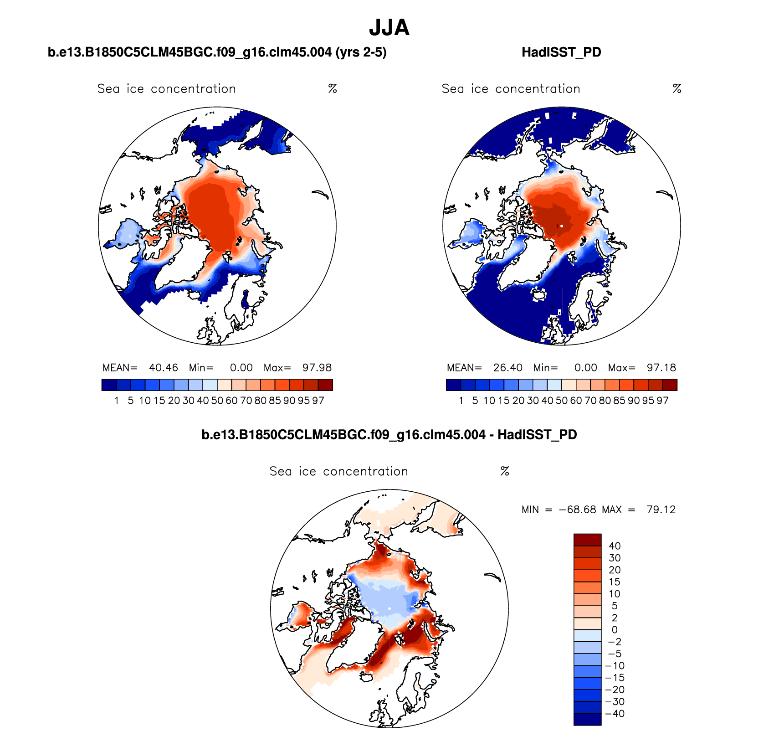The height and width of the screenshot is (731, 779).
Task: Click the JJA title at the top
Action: [x=389, y=28]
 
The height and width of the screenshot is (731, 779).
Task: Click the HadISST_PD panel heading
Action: [x=561, y=52]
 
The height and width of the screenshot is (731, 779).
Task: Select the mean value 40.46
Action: [x=164, y=368]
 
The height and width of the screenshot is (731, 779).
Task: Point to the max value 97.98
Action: [x=317, y=368]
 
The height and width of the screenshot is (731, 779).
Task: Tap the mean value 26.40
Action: [x=508, y=368]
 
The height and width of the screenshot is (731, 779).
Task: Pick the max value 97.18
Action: [x=661, y=368]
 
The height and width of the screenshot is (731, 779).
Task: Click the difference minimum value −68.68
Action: [x=577, y=510]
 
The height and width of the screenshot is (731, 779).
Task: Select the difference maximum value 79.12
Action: [x=661, y=510]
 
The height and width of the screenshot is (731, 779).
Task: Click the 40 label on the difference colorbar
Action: [x=615, y=546]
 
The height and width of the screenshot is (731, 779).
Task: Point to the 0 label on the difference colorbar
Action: [x=615, y=630]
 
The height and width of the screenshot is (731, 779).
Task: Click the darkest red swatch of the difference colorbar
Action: [x=587, y=540]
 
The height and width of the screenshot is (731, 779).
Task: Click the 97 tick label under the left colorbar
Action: [x=318, y=401]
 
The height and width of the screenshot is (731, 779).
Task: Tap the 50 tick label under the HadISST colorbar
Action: [x=562, y=401]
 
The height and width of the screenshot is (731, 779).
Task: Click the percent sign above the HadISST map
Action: [x=677, y=89]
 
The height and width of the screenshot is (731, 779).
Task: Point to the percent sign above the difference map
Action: [x=505, y=471]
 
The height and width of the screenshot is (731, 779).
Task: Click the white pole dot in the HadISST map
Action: [x=562, y=226]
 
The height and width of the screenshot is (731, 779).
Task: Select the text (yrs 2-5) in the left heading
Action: [x=361, y=52]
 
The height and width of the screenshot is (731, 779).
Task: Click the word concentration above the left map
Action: [x=193, y=89]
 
